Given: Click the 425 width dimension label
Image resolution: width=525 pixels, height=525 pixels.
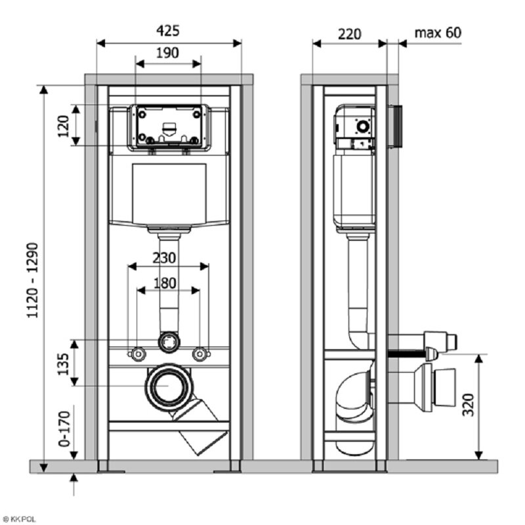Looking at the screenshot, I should [168, 31].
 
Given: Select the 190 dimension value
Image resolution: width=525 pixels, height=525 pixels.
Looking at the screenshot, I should [167, 53].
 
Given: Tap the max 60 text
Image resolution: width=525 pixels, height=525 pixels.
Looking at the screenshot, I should [438, 32].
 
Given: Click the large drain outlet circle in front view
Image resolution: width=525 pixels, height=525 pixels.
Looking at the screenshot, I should [169, 386].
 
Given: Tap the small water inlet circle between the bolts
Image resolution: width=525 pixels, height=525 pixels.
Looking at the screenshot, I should [169, 341].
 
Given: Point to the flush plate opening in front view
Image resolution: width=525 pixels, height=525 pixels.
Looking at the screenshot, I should [169, 125].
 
